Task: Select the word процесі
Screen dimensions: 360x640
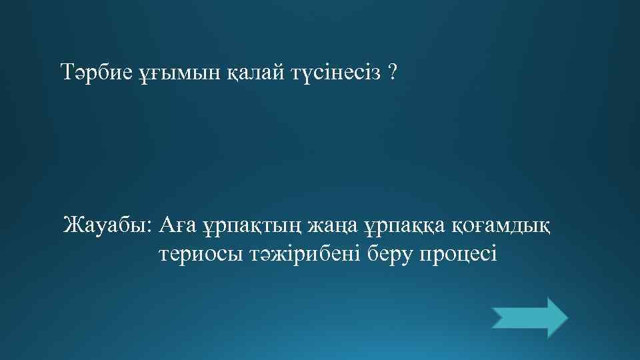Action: click(458, 255)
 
